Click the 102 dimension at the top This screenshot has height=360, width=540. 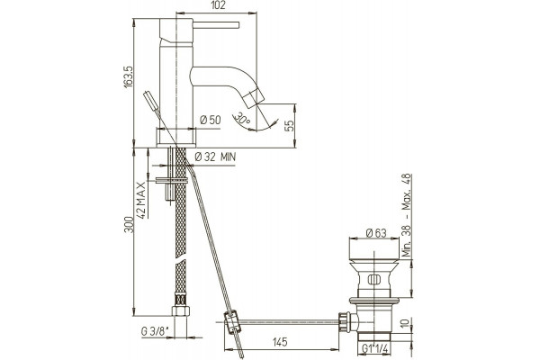[217, 5]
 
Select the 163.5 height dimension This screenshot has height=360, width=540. [129, 78]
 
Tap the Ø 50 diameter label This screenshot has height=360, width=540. [210, 120]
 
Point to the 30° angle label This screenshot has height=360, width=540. [242, 119]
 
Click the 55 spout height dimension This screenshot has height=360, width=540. [290, 126]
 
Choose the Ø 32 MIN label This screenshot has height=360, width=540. [215, 157]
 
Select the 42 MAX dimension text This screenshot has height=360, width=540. [141, 200]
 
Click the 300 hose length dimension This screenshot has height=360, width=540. [129, 225]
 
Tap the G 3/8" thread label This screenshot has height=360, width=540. [155, 332]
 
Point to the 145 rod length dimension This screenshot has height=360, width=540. [280, 342]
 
